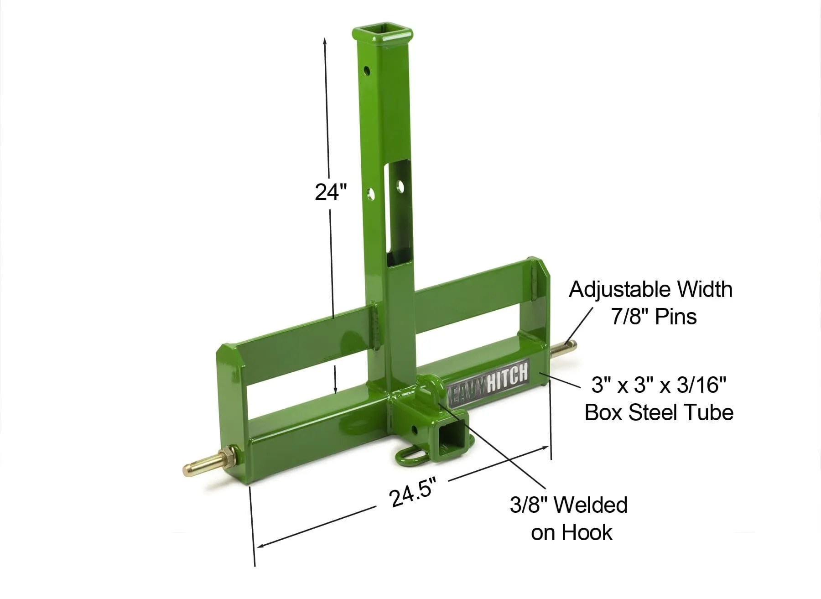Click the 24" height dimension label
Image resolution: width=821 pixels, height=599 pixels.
click(x=331, y=192)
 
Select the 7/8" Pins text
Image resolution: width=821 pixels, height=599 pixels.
click(x=654, y=317)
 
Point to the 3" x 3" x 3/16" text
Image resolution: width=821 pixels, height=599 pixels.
click(x=658, y=385)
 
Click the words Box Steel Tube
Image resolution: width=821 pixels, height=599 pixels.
click(x=659, y=412)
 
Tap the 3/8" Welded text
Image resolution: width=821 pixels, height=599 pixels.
click(x=568, y=505)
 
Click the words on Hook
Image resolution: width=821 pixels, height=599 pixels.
click(x=572, y=532)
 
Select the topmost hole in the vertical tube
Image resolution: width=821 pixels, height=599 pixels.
click(x=366, y=71)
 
